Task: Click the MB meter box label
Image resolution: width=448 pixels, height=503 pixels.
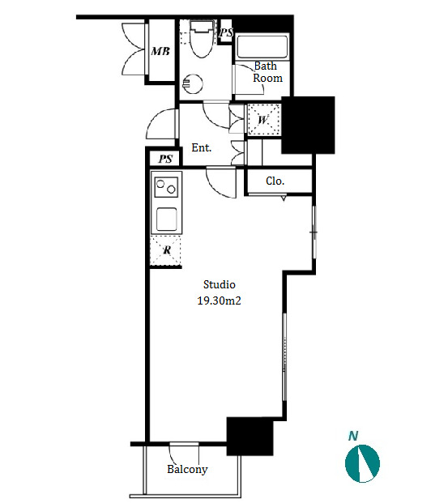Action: point(160,51)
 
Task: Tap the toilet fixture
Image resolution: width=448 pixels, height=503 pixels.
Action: point(202,39)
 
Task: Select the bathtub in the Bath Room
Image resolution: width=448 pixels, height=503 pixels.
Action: point(262,47)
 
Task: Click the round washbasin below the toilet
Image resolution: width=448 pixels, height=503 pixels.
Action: point(193,83)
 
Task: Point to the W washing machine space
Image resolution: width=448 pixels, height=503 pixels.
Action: point(264,120)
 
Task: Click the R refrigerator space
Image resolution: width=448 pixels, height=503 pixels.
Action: point(165,250)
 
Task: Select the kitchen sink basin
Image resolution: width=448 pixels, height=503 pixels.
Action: point(166,219)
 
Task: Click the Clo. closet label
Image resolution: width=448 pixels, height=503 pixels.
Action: point(275,181)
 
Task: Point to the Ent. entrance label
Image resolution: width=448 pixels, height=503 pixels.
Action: point(202,147)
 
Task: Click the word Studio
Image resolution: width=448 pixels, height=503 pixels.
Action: point(220,284)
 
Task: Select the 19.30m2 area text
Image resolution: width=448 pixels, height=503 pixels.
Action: point(219,301)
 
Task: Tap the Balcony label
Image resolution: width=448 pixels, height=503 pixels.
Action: point(187,469)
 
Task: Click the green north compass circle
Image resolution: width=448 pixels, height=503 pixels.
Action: point(362,463)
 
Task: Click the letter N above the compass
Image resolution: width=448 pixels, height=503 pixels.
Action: point(353,436)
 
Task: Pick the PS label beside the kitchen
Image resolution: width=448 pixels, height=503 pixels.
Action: point(165,159)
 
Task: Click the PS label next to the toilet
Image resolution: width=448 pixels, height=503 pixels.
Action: point(226,32)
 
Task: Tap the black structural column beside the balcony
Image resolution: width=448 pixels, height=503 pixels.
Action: point(250,437)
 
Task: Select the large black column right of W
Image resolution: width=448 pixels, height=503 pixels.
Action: point(308,125)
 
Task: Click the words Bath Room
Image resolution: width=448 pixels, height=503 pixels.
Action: point(267,72)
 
